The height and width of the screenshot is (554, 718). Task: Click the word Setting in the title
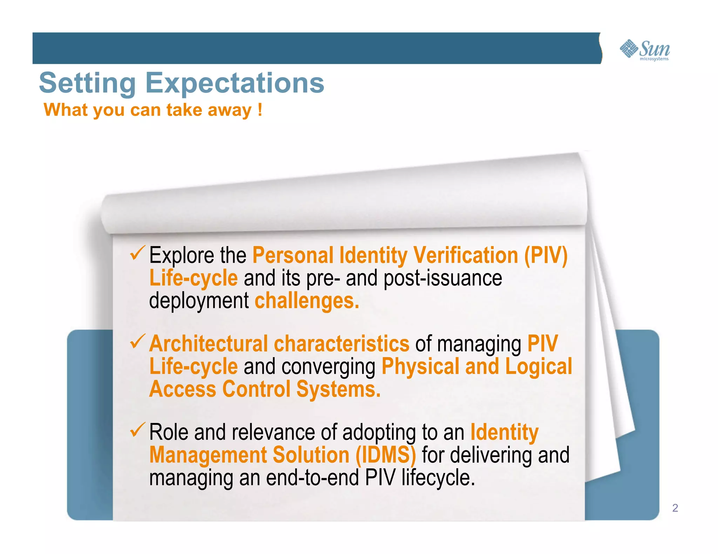(87, 83)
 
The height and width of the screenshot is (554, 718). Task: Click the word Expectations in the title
(235, 83)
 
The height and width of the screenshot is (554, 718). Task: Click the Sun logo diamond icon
(629, 48)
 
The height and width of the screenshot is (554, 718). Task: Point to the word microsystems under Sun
(654, 59)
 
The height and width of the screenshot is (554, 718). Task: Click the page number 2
(675, 508)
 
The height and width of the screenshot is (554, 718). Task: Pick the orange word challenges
(307, 301)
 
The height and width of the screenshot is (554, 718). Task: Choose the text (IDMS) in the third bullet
(386, 455)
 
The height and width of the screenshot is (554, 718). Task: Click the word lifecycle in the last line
(438, 478)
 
